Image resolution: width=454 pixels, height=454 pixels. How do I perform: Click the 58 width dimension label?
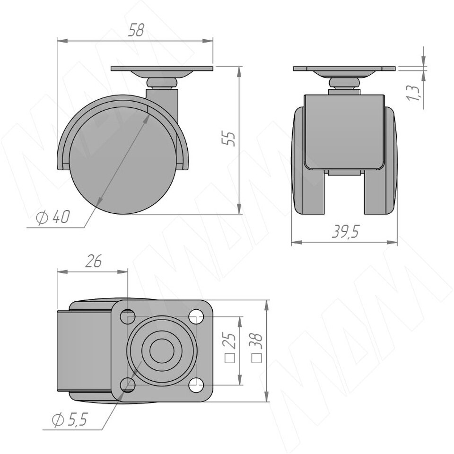(x=136, y=30)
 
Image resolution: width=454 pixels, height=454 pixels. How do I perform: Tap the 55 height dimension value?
(x=229, y=139)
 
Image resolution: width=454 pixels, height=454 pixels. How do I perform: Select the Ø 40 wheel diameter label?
(x=53, y=217)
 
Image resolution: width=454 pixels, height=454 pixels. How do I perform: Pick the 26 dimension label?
(x=94, y=262)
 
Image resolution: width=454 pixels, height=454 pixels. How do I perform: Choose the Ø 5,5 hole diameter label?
(x=70, y=420)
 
